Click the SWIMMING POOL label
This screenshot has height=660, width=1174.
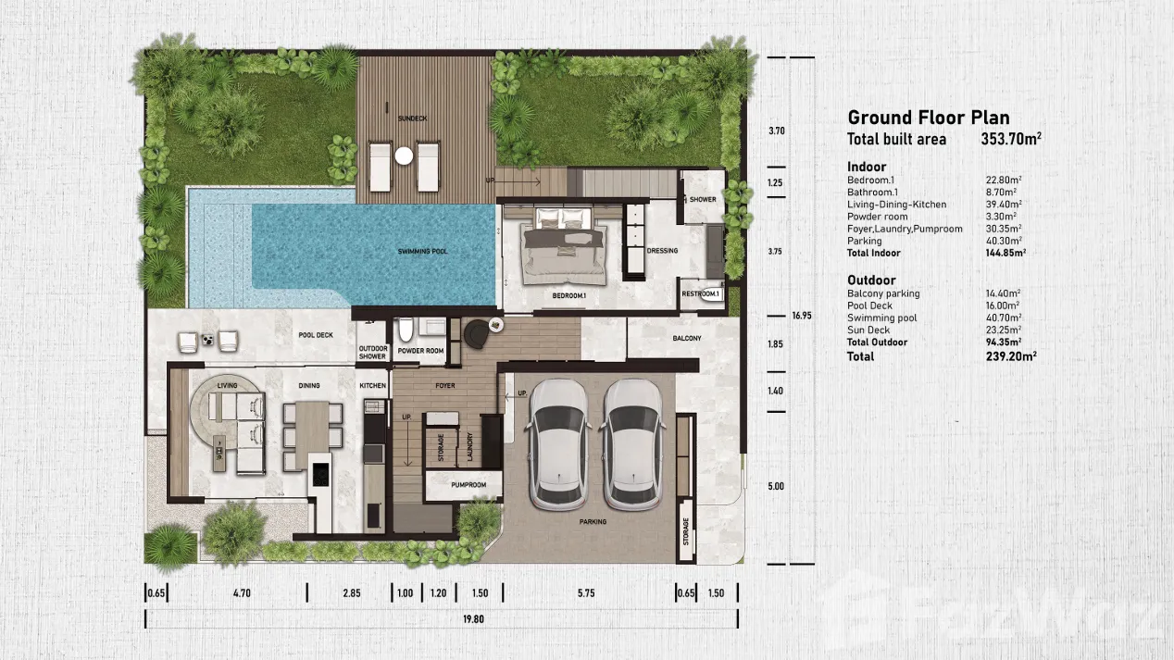pos(422,252)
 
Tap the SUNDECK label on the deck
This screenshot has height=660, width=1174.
pos(412,118)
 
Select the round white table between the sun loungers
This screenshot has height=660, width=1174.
pos(404,156)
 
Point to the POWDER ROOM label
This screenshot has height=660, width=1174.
pos(420,351)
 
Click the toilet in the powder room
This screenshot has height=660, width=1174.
pos(406,330)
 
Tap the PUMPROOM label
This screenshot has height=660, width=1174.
pos(468,485)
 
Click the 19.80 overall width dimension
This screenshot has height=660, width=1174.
pos(473,619)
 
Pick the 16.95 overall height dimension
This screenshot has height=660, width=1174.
pos(802,316)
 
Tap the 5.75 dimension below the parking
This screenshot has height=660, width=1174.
pos(586,593)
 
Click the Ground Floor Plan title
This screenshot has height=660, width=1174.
pos(929,118)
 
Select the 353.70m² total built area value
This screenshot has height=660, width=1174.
pos(1011,139)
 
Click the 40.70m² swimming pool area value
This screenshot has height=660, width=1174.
pos(1004,318)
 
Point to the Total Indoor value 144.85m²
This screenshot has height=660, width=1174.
pos(1005,253)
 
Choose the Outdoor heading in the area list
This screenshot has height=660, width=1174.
pos(871,280)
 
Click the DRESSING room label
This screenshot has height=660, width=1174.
pos(662,250)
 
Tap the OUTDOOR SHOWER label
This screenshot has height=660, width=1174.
pos(373,353)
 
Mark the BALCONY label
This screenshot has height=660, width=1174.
pos(687,339)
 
